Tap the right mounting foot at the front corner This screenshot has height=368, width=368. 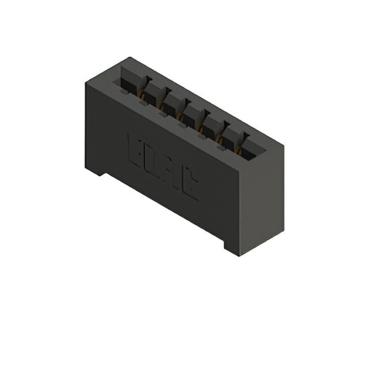coord(233,247)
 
